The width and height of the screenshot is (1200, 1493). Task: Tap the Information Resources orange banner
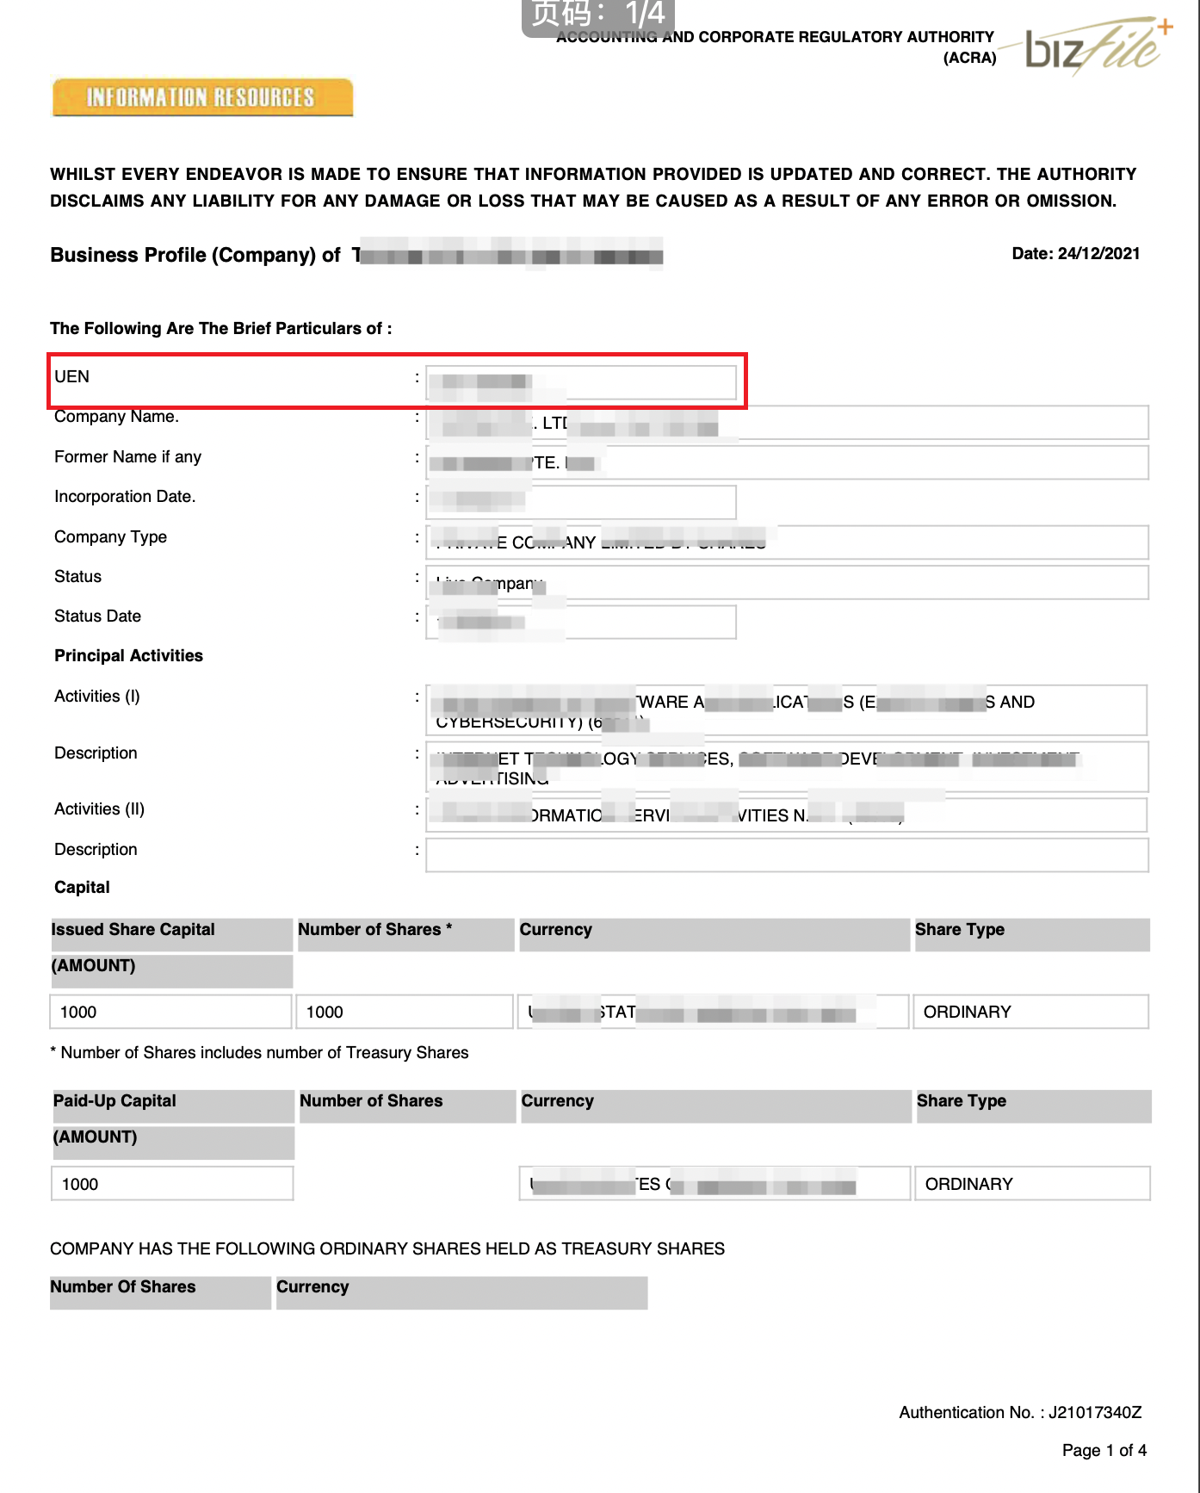coord(202,97)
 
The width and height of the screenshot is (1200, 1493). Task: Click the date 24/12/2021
coord(1075,253)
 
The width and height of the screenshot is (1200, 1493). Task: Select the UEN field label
coord(71,376)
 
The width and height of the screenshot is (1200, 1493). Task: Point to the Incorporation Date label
coord(125,496)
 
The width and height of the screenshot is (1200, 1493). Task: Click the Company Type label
coord(110,536)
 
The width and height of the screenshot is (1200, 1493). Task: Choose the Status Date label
coord(97,616)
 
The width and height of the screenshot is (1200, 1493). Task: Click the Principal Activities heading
coord(128,655)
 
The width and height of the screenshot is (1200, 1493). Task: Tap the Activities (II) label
coord(99,808)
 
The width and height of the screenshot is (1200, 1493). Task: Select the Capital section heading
coord(82,887)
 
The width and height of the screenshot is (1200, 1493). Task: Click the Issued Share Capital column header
coord(133,930)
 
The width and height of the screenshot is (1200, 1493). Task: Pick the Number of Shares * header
coord(374,930)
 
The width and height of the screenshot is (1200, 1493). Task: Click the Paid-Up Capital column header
coord(114,1101)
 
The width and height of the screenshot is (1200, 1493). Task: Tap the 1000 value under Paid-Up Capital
coord(80,1184)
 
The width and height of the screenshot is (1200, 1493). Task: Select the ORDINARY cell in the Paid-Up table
coord(968,1184)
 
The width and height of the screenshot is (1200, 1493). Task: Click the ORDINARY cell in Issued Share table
coord(967,1012)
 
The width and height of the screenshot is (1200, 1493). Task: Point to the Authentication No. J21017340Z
coord(1020,1412)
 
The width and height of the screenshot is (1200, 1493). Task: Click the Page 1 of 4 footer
coord(1104,1450)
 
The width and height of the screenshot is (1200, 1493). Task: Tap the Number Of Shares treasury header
coord(123,1287)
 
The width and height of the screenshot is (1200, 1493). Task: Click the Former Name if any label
coord(127,456)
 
